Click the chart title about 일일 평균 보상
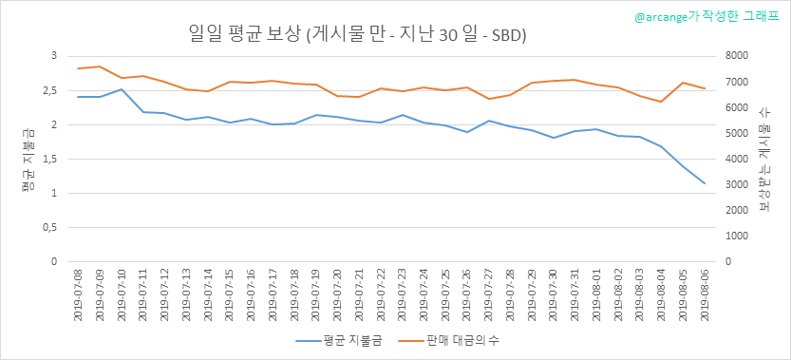(x=357, y=35)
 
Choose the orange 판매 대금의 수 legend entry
(x=450, y=340)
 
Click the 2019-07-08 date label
(x=78, y=293)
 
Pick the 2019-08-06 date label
(x=705, y=293)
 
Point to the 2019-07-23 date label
(x=402, y=293)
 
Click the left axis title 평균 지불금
(x=28, y=159)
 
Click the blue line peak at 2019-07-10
(x=122, y=89)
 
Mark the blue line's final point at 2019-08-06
(x=705, y=183)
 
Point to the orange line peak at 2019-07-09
(x=100, y=66)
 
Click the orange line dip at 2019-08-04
(x=661, y=102)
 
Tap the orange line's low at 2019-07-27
(x=488, y=99)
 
